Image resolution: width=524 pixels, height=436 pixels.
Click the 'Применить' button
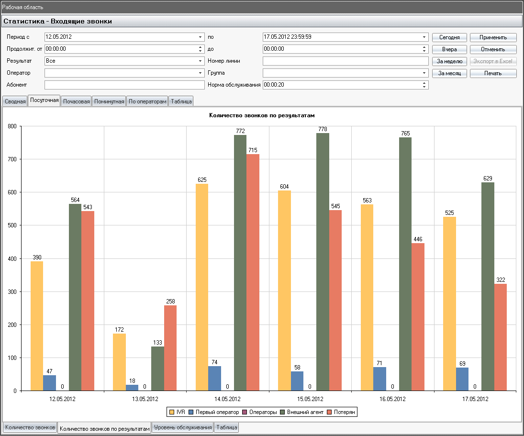(x=493, y=37)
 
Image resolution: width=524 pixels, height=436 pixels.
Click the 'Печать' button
(x=493, y=73)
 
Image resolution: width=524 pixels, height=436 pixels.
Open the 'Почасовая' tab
(x=77, y=101)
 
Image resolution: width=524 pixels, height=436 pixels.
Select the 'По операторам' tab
(x=147, y=101)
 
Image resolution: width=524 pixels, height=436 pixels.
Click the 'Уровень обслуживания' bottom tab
(x=183, y=427)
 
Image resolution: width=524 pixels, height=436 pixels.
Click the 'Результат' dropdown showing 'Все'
(x=124, y=61)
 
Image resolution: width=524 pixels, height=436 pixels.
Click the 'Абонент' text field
(x=124, y=85)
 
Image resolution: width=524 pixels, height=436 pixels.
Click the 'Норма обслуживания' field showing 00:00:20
(x=346, y=85)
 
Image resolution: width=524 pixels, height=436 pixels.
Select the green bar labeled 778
(x=323, y=262)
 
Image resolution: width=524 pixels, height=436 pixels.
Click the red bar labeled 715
(x=253, y=272)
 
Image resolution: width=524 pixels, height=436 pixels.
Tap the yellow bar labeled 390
(x=37, y=326)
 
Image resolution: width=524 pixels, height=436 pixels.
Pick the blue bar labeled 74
(x=214, y=379)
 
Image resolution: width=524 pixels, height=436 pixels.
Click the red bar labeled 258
(x=170, y=348)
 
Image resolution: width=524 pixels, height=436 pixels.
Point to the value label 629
(x=488, y=179)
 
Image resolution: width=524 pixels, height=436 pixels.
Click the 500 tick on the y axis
(x=12, y=225)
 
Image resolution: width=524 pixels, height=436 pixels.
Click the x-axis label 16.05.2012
(x=392, y=399)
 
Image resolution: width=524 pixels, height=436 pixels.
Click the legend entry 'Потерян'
(x=341, y=412)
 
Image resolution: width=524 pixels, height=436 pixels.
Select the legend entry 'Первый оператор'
(x=214, y=412)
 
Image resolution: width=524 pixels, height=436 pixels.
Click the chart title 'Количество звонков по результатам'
(x=262, y=115)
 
